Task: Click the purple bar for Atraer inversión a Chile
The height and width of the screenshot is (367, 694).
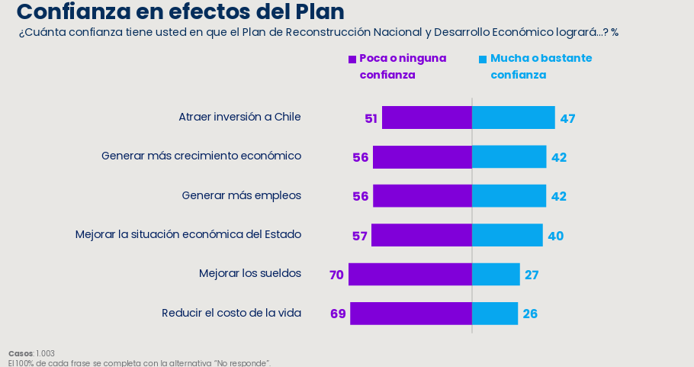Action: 427,118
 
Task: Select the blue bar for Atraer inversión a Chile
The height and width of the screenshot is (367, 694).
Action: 513,118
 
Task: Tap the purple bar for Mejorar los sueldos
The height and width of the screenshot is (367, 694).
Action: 410,274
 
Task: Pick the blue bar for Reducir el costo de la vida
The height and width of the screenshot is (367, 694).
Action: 495,314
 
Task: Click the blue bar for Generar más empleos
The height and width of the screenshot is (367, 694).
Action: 509,195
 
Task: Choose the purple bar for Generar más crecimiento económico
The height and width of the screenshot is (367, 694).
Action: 423,156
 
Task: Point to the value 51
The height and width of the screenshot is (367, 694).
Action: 371,118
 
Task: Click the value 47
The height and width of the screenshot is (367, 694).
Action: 567,118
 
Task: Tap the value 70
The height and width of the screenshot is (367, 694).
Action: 336,275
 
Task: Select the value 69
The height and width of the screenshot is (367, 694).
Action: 338,314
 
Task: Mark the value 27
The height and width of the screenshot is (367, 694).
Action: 532,275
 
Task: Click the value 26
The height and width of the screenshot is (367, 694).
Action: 530,314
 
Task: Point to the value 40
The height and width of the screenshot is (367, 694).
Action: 555,236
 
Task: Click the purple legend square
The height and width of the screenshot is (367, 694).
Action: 352,60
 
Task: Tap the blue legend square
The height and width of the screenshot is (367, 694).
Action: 483,60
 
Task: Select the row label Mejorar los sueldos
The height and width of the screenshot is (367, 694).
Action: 250,273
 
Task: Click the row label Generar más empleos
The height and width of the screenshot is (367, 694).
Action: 242,195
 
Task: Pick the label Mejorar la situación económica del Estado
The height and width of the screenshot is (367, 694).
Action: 188,234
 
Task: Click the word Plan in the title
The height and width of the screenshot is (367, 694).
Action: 320,11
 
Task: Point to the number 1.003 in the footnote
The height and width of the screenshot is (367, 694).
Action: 45,354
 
